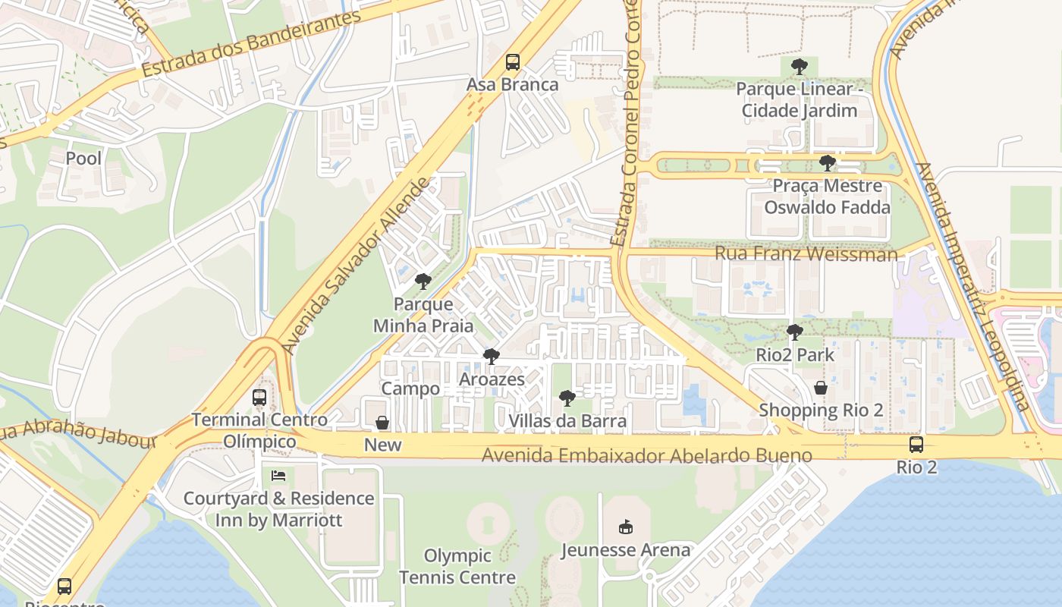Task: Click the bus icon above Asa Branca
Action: coord(513,62)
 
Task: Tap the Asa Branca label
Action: coord(512,84)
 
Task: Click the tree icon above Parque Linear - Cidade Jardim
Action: coord(799,67)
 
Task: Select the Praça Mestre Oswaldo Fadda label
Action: coord(827,196)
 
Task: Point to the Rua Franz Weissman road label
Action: coord(806,253)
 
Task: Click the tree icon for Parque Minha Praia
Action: coord(423,282)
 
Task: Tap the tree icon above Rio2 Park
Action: coord(794,332)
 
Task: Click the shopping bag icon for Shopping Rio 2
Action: coord(820,388)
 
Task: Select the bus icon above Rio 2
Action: coord(916,445)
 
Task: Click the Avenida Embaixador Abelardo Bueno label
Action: coord(647,456)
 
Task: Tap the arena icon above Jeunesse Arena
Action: coord(625,527)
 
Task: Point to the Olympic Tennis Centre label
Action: coord(457,566)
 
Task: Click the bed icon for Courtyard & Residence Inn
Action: coord(278,476)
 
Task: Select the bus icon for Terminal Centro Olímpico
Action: coord(259,397)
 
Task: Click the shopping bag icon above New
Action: coord(382,423)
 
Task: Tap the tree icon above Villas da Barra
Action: coord(567,398)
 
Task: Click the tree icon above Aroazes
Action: coord(492,357)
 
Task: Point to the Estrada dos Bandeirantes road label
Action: coord(250,43)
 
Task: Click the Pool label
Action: coord(83,159)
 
